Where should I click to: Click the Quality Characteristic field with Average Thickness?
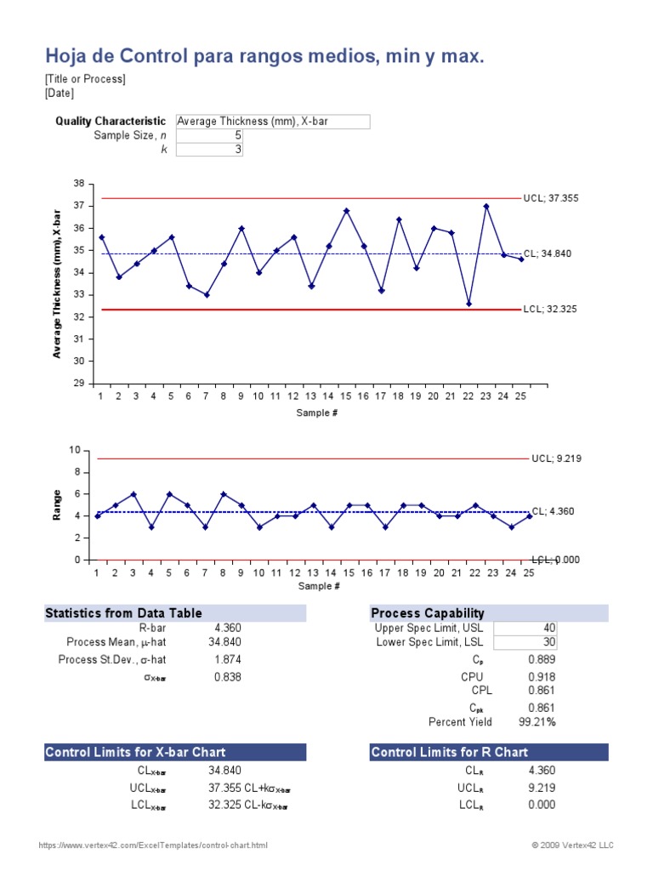(272, 122)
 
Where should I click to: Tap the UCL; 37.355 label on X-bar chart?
(550, 198)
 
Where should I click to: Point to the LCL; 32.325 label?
(550, 310)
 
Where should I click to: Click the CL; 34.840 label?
(550, 253)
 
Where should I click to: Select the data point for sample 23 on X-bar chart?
(486, 206)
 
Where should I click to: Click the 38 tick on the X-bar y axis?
(79, 184)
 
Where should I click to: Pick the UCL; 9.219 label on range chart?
(555, 458)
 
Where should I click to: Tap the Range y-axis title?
(57, 504)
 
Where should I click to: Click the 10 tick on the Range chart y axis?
(75, 450)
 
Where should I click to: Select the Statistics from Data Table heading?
(123, 613)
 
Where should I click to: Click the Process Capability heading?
(428, 613)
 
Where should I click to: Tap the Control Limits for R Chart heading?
(450, 752)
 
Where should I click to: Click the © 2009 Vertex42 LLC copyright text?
(572, 845)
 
